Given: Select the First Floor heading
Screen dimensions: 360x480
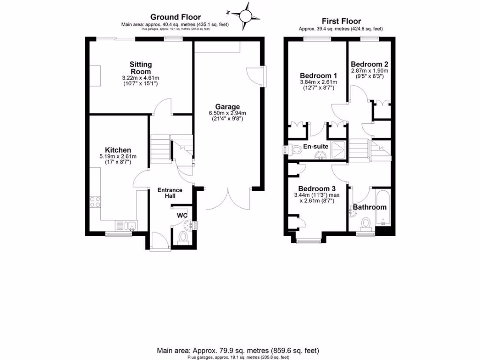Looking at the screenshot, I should pos(341,21).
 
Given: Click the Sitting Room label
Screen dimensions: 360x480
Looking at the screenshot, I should pos(141,68).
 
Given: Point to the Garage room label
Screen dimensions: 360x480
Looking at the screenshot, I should pos(228,106).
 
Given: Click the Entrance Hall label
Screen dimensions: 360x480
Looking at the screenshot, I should pos(170,193).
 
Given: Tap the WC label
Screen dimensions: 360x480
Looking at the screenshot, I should pos(182,216).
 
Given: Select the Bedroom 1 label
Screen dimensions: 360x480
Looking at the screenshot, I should pos(318,75).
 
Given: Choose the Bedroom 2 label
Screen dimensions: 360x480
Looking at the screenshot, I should pos(369,64).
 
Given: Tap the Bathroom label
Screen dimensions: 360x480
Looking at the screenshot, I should pos(370,207).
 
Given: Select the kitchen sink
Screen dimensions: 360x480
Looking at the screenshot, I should pos(126,225).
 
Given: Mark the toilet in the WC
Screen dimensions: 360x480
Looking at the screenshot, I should pos(183,238).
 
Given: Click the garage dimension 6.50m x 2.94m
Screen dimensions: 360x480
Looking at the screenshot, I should pos(228,113).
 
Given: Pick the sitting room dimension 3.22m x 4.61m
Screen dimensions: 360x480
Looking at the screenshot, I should pos(141,78).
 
